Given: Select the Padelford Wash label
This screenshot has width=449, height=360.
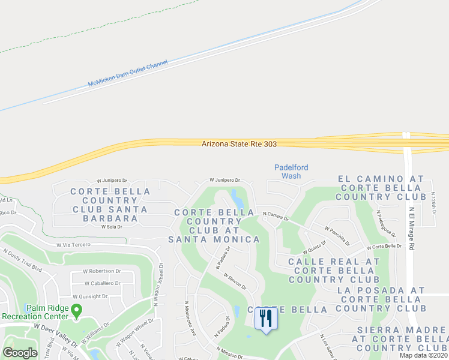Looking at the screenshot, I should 287,172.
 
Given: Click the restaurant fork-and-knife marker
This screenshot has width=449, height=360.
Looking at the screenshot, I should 266,318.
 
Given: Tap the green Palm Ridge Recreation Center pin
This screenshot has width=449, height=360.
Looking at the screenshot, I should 76,310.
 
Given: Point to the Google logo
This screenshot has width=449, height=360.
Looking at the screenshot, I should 20,353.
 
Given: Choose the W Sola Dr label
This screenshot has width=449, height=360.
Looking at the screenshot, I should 112,227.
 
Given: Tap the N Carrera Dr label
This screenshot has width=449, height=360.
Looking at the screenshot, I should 275,215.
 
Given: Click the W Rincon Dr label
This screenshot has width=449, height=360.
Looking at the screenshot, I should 235,281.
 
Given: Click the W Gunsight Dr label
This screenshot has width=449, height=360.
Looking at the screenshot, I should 90,296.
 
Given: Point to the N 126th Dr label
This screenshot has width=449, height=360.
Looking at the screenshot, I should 433,203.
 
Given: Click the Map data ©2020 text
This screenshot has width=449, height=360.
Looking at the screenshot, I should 424,355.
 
